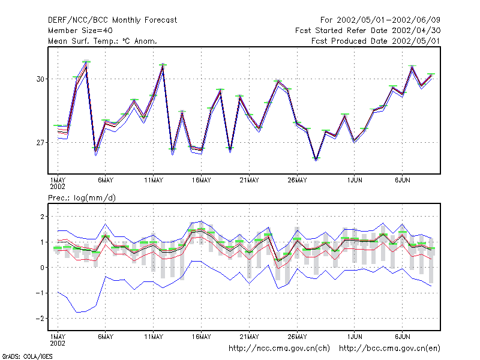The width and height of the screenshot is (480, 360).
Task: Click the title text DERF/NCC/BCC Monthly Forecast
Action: click(112, 20)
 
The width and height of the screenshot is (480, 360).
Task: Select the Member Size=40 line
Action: click(80, 31)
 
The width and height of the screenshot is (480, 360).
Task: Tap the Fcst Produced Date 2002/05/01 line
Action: click(376, 41)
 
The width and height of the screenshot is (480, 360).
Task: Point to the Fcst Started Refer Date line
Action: click(368, 31)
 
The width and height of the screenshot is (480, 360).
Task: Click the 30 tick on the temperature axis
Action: click(40, 79)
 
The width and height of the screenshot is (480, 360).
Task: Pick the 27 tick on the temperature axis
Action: click(40, 143)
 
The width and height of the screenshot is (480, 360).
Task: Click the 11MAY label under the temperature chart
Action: click(154, 181)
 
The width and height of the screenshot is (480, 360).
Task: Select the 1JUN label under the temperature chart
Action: click(355, 181)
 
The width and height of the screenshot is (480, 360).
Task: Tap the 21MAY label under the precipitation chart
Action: click(249, 337)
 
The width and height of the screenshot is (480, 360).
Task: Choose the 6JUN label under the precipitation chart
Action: click(402, 337)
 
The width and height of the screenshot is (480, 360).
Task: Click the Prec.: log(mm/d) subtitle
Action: click(82, 198)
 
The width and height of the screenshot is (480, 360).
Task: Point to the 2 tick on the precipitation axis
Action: click(42, 217)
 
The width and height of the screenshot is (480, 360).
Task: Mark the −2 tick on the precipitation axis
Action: click(40, 319)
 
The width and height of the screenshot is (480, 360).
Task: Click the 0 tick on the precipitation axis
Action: click(42, 268)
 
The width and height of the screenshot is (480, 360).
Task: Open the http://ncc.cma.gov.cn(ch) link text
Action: click(279, 349)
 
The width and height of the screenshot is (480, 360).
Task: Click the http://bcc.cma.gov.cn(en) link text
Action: click(389, 349)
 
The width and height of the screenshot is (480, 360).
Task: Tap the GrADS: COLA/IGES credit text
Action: click(27, 356)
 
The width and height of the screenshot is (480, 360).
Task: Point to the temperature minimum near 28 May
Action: click(316, 158)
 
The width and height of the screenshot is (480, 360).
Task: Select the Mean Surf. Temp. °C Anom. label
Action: click(103, 41)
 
